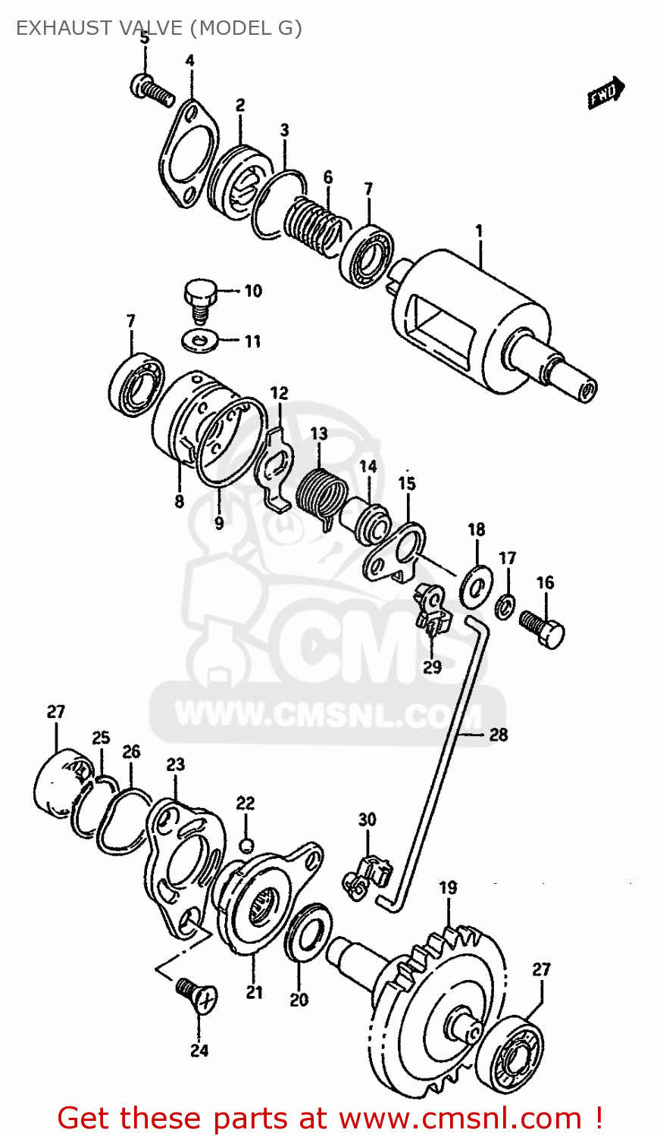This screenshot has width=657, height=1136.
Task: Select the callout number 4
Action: pos(189,60)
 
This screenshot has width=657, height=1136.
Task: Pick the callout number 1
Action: pos(479,230)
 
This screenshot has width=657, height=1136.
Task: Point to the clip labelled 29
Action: pos(430,610)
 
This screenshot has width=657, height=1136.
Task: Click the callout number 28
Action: pos(498,734)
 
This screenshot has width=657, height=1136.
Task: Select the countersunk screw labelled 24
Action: pos(196,993)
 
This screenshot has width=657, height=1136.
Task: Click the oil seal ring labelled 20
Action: pos(307,938)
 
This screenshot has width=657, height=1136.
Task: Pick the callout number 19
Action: pos(448,887)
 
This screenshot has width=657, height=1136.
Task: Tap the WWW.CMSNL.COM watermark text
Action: pos(327,714)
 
